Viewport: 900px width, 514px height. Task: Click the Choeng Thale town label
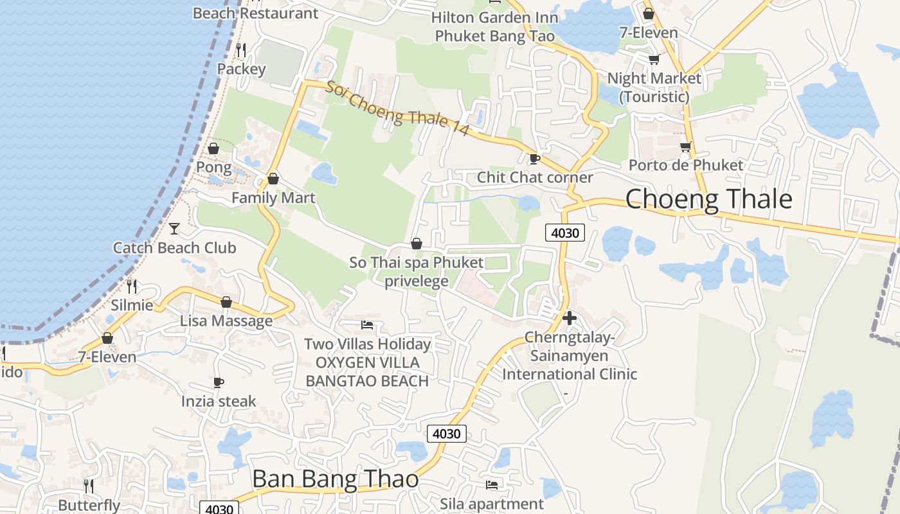pos(708,199)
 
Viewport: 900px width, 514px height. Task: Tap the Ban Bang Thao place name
pos(335,479)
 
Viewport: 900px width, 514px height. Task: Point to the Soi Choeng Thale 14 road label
pos(397,108)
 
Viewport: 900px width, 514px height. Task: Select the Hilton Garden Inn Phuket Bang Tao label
pos(494,26)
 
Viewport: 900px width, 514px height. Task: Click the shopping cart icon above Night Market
pos(654,60)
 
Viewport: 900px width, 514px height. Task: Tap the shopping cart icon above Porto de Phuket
pos(686,147)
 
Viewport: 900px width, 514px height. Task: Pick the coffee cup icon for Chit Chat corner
pos(534,159)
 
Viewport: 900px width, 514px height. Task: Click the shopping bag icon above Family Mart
pos(273,179)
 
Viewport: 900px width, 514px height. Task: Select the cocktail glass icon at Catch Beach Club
pos(174,228)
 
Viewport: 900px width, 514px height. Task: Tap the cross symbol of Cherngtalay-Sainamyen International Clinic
pos(569,317)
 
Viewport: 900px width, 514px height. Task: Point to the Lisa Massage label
pos(226,321)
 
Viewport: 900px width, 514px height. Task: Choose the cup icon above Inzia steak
pos(219,383)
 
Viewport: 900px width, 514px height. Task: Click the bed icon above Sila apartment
pos(492,485)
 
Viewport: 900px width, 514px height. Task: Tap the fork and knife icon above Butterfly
pos(89,486)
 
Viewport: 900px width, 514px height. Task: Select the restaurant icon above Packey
pos(241,49)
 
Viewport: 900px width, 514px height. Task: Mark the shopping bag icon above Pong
pos(213,148)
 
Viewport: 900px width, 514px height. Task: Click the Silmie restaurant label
pos(132,305)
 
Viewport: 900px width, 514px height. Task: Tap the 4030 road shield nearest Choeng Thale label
pos(565,233)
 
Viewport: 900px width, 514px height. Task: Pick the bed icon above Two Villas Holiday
pos(367,325)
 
